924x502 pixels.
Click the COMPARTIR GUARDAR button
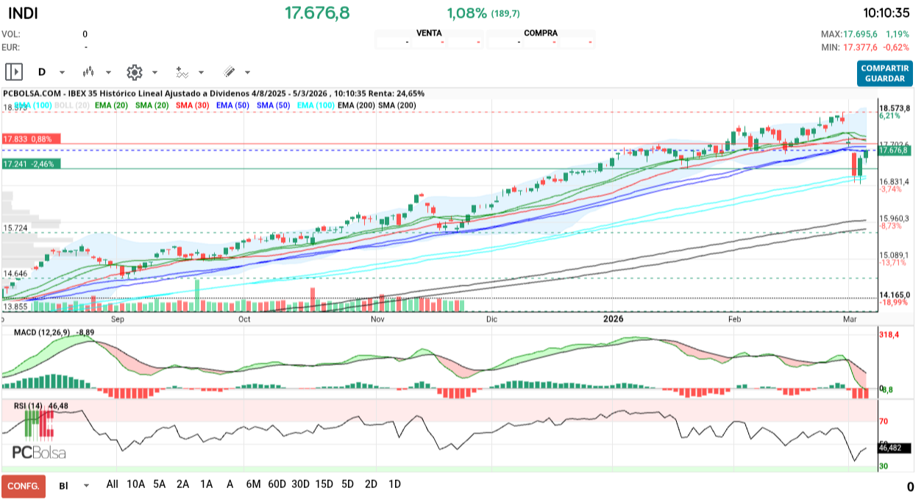[x=884, y=73]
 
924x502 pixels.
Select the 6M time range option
[x=253, y=484]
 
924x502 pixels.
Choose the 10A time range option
[x=135, y=484]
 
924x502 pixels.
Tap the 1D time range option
[x=394, y=484]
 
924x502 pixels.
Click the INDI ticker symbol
[x=23, y=13]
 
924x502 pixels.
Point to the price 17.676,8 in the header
[x=317, y=13]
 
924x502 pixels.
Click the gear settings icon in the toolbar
[x=134, y=72]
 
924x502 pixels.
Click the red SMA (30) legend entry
[x=192, y=106]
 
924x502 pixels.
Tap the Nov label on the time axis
[x=377, y=319]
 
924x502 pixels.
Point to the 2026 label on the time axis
[x=613, y=319]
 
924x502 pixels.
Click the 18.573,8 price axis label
[x=896, y=108]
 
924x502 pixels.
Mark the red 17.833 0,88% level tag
[x=32, y=139]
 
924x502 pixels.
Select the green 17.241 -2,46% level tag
[x=32, y=164]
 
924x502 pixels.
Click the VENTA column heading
[x=429, y=33]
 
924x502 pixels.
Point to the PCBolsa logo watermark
[x=39, y=452]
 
